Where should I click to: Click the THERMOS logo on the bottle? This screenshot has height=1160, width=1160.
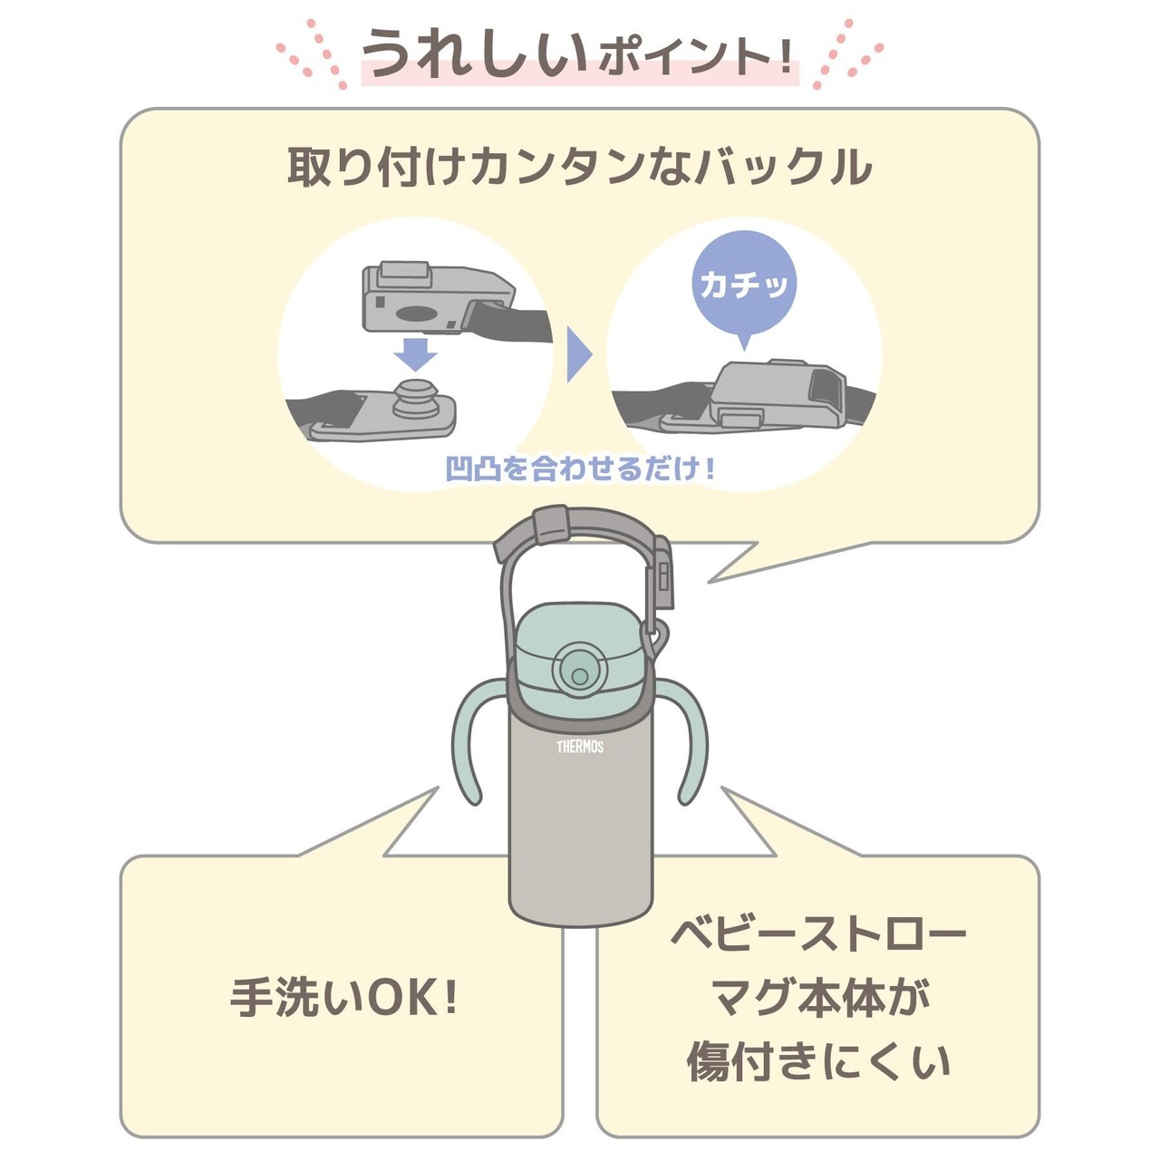(580, 746)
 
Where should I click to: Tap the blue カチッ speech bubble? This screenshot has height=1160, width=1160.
(744, 284)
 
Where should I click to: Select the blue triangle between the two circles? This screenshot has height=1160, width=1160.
(577, 354)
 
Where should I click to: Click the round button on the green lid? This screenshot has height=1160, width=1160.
(577, 672)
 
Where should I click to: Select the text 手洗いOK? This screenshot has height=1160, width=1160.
(344, 998)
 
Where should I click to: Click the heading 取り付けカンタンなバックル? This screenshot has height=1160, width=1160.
(580, 168)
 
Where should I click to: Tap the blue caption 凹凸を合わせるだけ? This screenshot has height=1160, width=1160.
(580, 469)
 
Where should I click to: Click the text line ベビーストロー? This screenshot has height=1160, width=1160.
(818, 933)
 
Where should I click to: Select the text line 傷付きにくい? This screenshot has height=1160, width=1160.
(818, 1061)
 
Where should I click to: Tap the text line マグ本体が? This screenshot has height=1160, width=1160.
(818, 997)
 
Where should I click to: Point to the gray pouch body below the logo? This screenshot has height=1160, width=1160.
(580, 843)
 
